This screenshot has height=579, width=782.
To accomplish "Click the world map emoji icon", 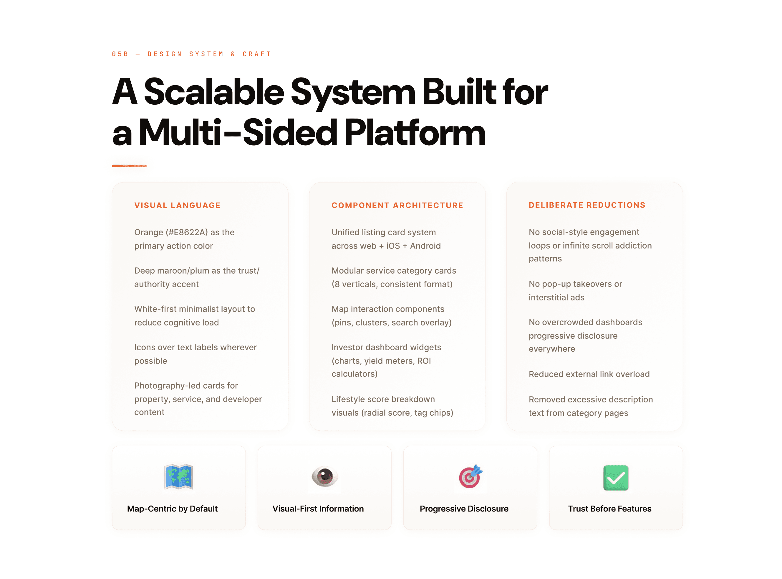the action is [178, 477].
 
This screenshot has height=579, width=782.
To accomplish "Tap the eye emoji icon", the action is [324, 477].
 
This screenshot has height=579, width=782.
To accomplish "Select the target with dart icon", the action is [470, 477].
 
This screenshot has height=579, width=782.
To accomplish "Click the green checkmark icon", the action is [616, 478].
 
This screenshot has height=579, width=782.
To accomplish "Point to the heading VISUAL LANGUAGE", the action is [177, 205].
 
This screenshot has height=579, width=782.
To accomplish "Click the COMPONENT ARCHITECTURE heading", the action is [397, 205].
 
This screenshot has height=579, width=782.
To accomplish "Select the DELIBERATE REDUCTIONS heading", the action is [587, 205].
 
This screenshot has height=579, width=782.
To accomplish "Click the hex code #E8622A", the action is [187, 232].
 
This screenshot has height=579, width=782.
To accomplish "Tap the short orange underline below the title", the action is [130, 166].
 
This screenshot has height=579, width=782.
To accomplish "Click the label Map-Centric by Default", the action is [172, 509].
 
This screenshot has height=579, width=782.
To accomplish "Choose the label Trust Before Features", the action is [609, 509].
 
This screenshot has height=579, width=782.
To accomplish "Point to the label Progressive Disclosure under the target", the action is [464, 509].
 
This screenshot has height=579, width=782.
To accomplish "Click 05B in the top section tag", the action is [120, 54].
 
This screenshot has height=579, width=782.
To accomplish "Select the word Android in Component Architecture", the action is [425, 246].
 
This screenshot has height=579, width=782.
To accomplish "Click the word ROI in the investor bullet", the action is [424, 361].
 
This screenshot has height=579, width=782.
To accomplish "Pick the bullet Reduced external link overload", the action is [589, 374].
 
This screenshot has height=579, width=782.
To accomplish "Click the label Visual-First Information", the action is [318, 509].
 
